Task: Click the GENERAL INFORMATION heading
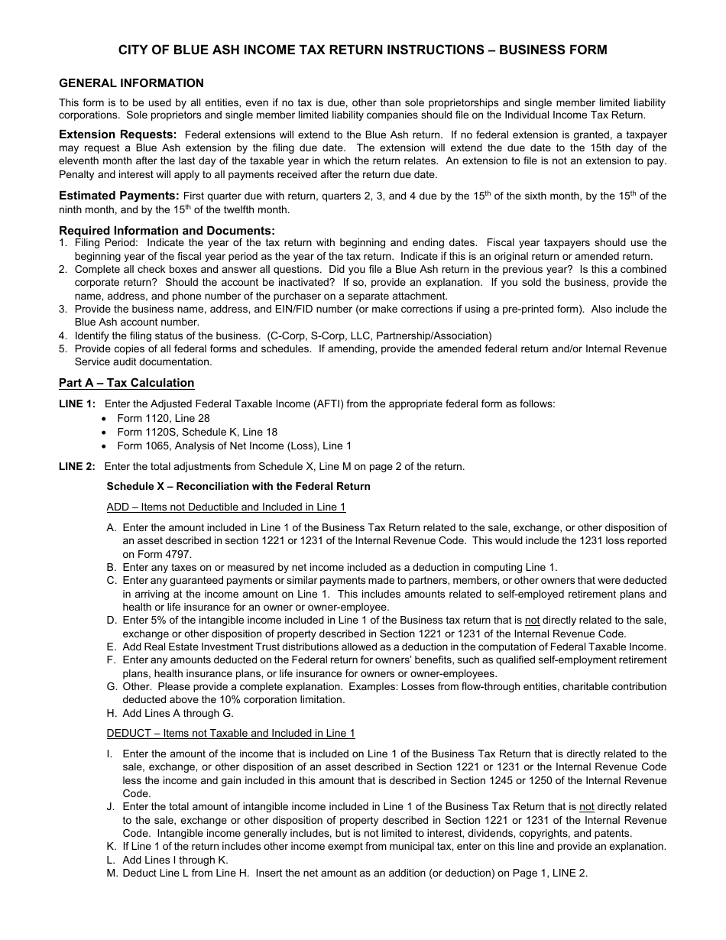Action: coord(131,83)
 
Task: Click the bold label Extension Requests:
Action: coord(118,135)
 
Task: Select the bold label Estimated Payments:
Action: coord(119,196)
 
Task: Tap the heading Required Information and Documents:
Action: coord(167,230)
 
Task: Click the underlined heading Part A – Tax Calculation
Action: coord(127,383)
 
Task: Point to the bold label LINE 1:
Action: coord(77,404)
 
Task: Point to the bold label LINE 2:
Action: coord(77,466)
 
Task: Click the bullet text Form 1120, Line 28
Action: coord(163,418)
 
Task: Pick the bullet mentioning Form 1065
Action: coord(234,446)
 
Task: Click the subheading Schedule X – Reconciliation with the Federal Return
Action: coord(238,486)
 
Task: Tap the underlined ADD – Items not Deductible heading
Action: coord(226,507)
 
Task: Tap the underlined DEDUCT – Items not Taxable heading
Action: coord(231,733)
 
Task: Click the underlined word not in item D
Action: coord(532,621)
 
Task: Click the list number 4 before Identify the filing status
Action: coord(63,335)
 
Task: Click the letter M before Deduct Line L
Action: coord(112,873)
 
